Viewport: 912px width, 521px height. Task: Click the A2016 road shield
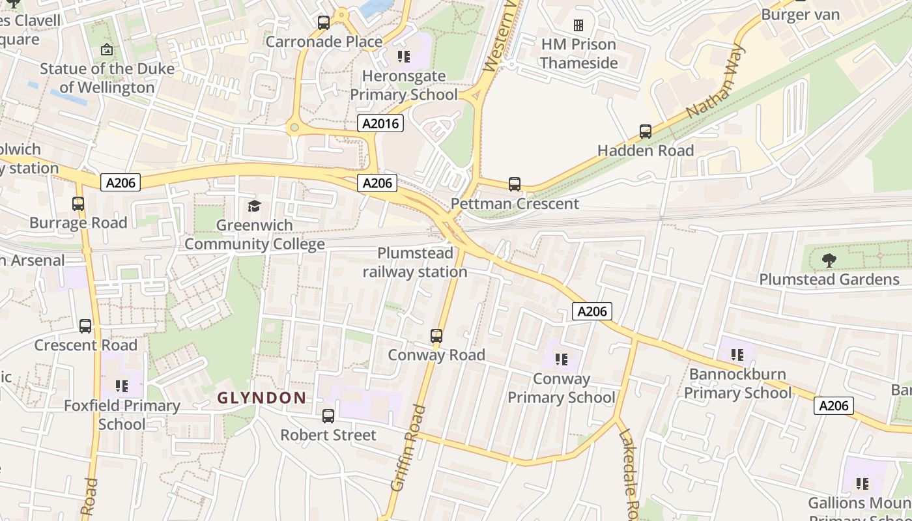tap(380, 122)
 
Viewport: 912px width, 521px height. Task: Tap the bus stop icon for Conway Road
tap(436, 337)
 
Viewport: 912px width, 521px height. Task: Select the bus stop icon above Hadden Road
tap(646, 132)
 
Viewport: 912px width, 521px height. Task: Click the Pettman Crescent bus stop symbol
tap(515, 184)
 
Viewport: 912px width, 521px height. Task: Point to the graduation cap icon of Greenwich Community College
tap(254, 206)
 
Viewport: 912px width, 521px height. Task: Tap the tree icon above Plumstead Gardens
tap(829, 260)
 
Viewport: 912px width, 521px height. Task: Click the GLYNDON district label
tap(261, 397)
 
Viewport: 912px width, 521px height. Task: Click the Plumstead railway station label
tap(415, 262)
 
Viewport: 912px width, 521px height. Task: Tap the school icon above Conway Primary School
tap(562, 359)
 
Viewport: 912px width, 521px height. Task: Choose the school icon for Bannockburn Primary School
tap(737, 355)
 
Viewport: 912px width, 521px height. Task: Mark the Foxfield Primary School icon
tap(122, 386)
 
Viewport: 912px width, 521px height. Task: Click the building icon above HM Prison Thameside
tap(578, 25)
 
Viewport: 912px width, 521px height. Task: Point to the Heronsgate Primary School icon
tap(404, 57)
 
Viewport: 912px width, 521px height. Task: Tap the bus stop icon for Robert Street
tap(328, 415)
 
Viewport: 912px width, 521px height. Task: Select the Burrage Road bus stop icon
tap(78, 204)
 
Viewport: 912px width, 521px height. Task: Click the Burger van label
tap(800, 14)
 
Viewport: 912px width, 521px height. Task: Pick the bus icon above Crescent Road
tap(85, 326)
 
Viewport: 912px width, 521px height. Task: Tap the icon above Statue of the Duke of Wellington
tap(107, 49)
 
